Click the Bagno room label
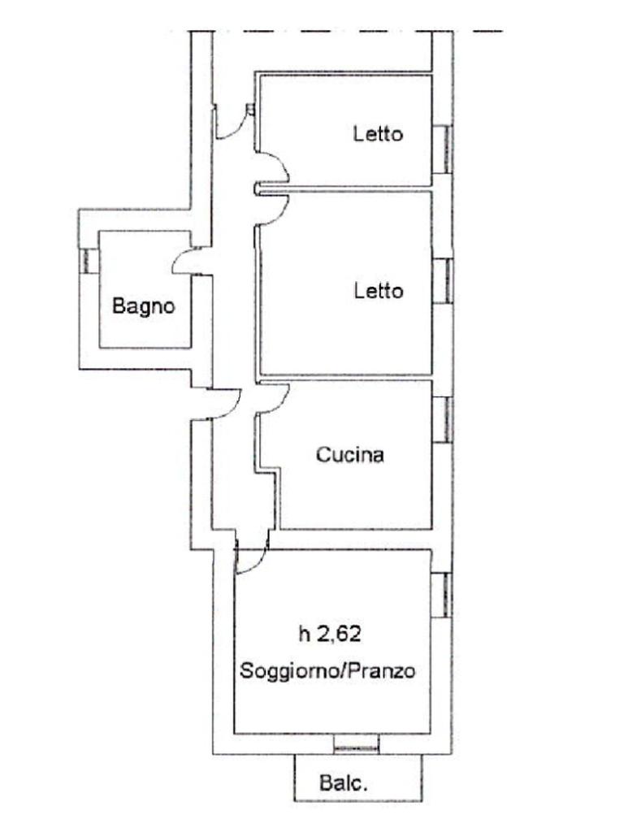tap(143, 306)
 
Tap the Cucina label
tap(349, 455)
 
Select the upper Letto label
tap(379, 133)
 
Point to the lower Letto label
tap(379, 290)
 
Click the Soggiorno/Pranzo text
tap(327, 670)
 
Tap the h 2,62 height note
tap(330, 634)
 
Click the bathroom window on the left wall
tap(89, 261)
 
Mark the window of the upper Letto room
tap(442, 149)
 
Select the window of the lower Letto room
tap(442, 280)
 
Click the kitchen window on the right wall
tap(442, 419)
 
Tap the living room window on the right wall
tap(441, 595)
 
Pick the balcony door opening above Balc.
tap(357, 744)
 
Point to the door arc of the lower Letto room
tap(280, 214)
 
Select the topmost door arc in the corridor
tap(237, 129)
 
